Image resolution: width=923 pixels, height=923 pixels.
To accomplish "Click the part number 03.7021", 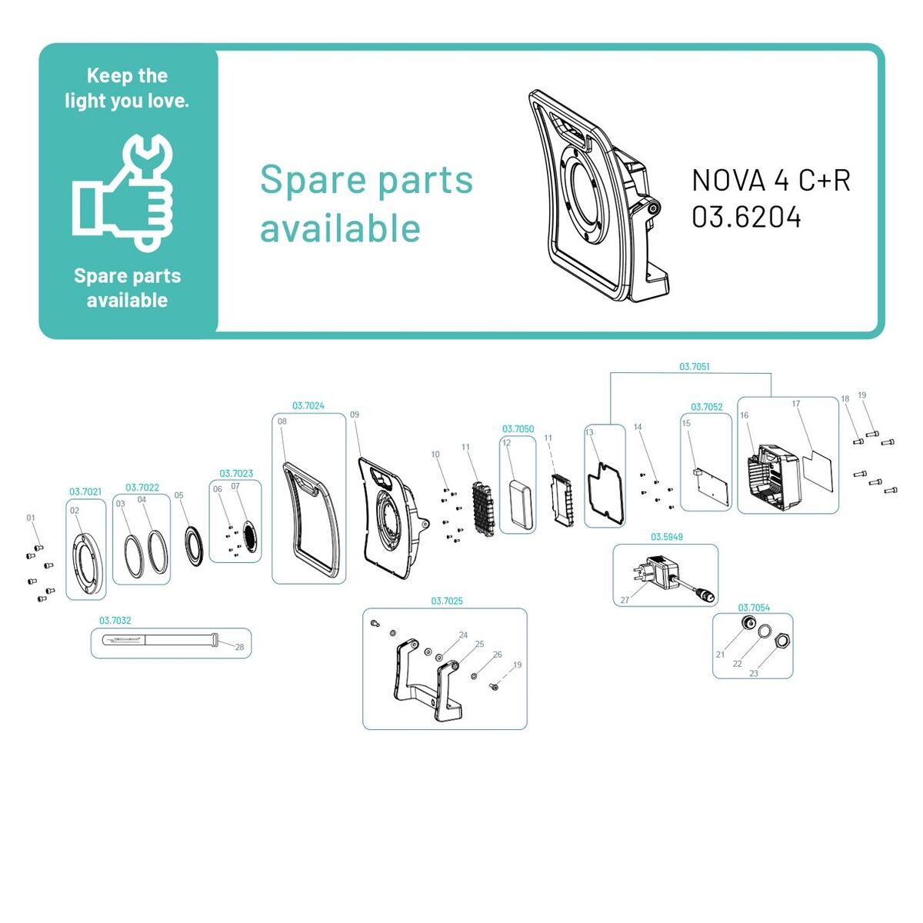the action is pos(85,491).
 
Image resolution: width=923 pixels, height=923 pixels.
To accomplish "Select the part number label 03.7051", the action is pos(694,366).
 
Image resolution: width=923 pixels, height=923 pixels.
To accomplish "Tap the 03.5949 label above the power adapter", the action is pos(666,537).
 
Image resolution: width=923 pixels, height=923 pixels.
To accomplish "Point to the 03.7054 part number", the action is pos(754,608).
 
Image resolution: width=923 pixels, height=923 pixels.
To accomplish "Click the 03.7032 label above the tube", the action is pos(115,620).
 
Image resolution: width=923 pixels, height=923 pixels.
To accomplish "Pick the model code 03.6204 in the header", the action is pos(746,217).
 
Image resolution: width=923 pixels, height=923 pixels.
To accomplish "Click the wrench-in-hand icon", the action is pos(122,192).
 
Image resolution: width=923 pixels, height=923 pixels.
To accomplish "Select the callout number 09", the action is pos(355,415).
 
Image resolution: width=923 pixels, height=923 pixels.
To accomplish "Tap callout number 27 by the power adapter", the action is pos(625,600).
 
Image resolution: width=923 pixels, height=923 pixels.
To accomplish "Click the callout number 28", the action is pos(239,647).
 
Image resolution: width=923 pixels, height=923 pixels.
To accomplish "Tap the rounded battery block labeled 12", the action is pos(521,504).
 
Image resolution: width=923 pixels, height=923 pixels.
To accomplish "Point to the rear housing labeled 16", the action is pos(774,477).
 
